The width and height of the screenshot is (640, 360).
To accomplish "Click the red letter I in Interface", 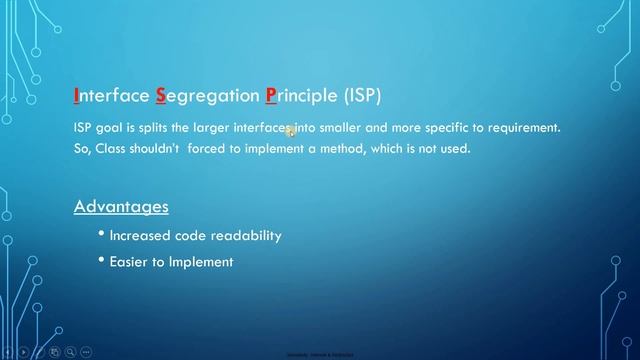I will [77, 97].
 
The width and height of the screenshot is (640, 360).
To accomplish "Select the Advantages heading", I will [121, 207].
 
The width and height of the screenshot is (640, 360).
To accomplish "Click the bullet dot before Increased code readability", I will [102, 234].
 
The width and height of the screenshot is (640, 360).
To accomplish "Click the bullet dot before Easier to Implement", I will [102, 260].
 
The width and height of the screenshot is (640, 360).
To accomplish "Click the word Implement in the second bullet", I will [203, 262].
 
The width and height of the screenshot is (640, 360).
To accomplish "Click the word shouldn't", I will [165, 148].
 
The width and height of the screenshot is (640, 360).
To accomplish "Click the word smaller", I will [345, 129].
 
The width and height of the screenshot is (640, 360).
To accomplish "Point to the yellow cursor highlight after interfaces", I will [289, 130].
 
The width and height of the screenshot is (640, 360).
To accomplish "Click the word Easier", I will [131, 261].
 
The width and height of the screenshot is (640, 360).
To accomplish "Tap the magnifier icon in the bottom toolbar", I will [70, 352].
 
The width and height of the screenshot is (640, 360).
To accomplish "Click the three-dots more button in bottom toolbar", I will [87, 352].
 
